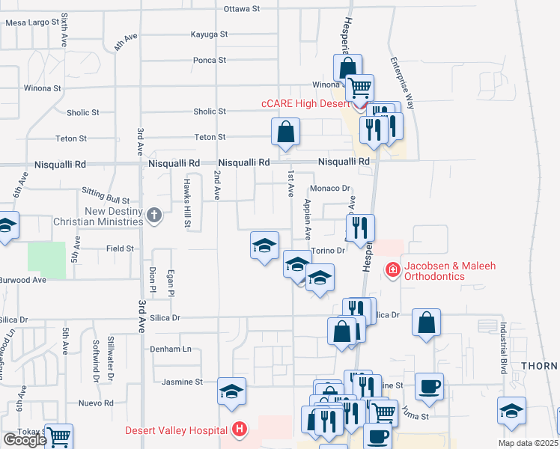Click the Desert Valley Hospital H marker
point(239,430)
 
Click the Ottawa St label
point(241,9)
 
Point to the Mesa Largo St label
point(32,22)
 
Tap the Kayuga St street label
point(209,34)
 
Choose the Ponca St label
point(210,60)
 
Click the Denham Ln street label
point(171,349)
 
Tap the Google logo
point(25,440)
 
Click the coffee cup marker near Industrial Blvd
point(429,386)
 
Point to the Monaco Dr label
point(330,189)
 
